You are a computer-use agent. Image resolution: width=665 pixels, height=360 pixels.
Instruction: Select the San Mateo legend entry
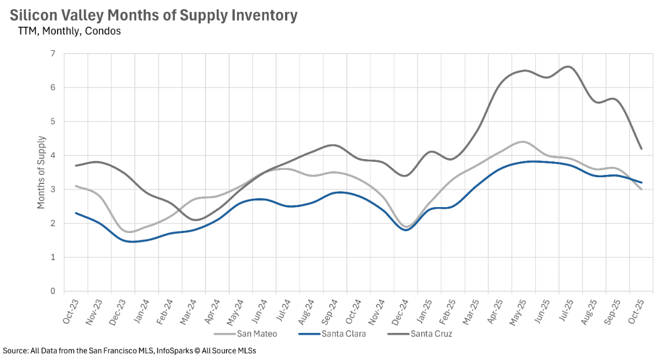tap(257, 333)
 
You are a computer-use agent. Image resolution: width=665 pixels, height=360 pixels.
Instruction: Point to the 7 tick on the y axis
tap(53, 54)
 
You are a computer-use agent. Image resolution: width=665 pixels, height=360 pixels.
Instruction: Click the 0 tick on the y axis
tap(53, 291)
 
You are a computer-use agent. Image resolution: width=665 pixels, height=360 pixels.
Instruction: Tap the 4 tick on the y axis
tap(53, 155)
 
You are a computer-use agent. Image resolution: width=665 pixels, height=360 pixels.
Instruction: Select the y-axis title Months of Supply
tap(41, 172)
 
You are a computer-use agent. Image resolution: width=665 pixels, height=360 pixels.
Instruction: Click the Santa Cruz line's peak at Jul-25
tap(568, 67)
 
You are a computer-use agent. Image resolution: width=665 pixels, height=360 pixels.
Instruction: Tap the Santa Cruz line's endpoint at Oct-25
tap(642, 149)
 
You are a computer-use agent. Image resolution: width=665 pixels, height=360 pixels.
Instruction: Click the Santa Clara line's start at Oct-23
tap(76, 213)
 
